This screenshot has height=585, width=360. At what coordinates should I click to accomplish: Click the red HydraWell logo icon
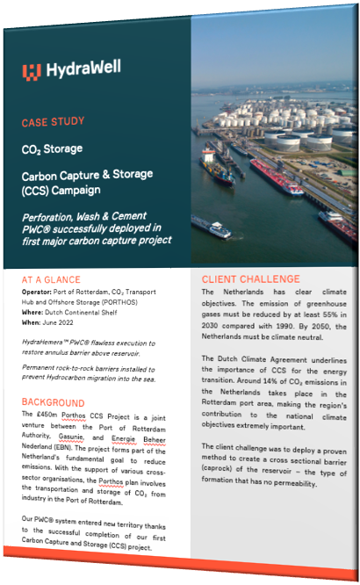point(32,71)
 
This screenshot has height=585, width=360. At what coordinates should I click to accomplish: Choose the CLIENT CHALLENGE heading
point(251,278)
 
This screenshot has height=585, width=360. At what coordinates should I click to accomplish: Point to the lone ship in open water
point(212,227)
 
